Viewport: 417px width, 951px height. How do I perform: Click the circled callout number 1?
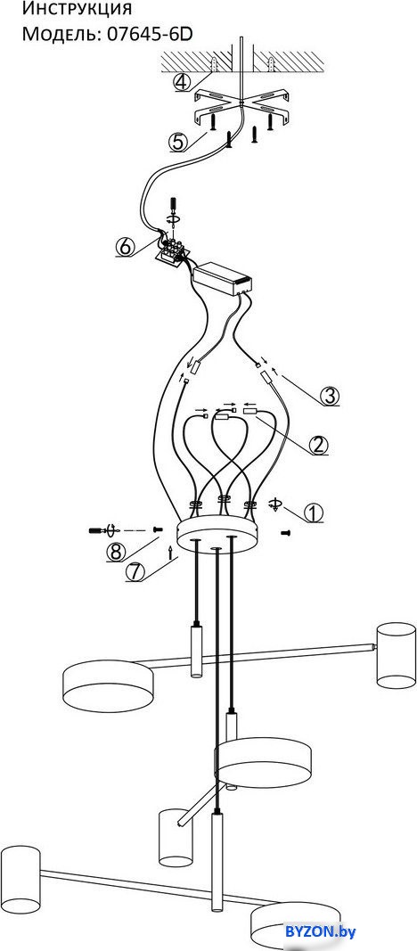click(313, 513)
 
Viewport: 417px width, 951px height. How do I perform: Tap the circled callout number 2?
click(319, 445)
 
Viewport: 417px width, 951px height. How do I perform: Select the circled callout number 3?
click(329, 396)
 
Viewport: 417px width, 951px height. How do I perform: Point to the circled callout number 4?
click(183, 81)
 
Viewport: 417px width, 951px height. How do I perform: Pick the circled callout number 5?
click(178, 141)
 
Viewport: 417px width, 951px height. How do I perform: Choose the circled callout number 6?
click(124, 247)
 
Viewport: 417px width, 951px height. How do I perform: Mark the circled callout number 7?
click(135, 572)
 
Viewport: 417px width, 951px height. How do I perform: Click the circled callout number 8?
click(116, 552)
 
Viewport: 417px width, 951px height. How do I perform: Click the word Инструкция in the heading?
click(77, 9)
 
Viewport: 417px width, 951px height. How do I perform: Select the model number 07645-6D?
click(150, 34)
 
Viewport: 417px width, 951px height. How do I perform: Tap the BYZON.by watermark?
click(322, 931)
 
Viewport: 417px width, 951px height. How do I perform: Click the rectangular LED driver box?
click(223, 279)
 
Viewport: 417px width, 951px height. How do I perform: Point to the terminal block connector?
click(173, 250)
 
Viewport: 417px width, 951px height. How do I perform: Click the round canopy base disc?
click(217, 533)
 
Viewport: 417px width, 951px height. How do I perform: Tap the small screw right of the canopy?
click(286, 532)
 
